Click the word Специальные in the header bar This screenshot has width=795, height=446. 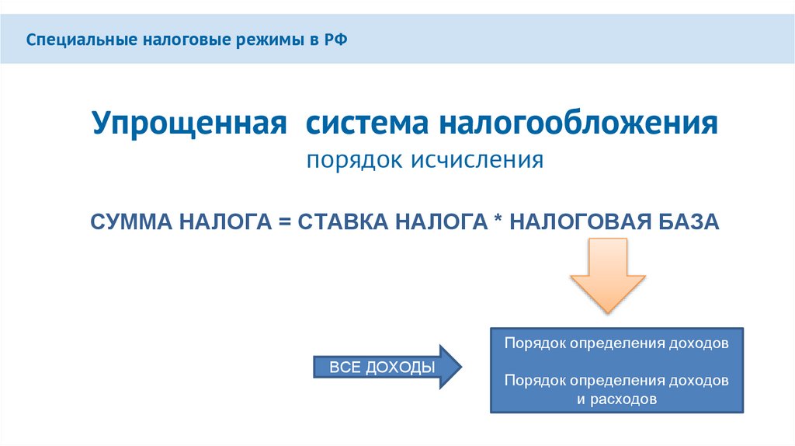(x=69, y=40)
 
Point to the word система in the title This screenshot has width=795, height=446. (x=364, y=124)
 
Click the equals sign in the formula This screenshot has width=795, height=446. (x=284, y=222)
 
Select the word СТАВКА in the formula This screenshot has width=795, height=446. (x=343, y=222)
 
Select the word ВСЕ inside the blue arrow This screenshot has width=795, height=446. (x=342, y=368)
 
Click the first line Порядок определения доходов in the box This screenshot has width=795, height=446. (x=616, y=343)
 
